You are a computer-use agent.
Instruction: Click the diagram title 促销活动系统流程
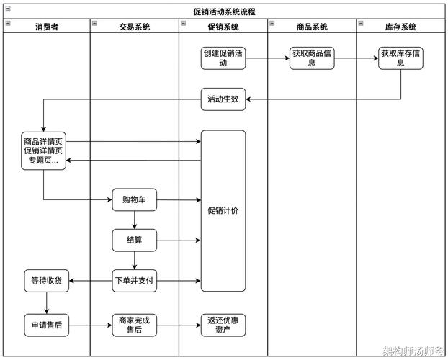coord(224,12)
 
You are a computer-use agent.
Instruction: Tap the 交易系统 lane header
coord(135,27)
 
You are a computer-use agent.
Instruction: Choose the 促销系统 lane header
coord(223,27)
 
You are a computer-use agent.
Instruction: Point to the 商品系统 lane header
coord(312,27)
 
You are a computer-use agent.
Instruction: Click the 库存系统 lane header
coord(400,27)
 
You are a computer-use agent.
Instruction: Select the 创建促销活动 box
coord(223,58)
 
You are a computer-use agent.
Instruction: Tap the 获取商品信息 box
coord(312,58)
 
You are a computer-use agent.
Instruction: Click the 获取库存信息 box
coord(400,58)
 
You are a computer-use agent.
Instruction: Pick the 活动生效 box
coord(223,100)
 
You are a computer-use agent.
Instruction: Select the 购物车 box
coord(135,199)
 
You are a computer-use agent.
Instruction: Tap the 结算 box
coord(135,240)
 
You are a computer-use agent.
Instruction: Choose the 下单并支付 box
coord(135,280)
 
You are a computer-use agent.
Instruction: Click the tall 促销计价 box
coord(223,211)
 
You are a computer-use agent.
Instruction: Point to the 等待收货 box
coord(46,280)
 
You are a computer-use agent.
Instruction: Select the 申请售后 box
coord(46,325)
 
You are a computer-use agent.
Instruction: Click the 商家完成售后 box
coord(135,325)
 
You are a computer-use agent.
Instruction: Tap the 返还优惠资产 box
coord(223,325)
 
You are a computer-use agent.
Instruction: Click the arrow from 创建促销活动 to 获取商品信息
coord(268,58)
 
